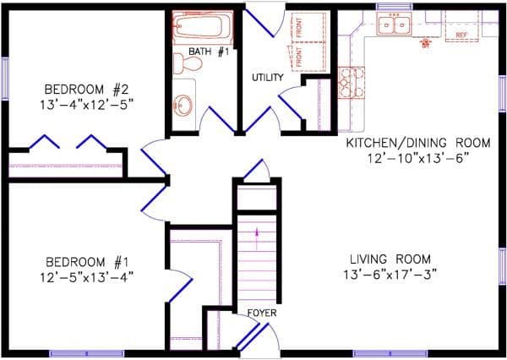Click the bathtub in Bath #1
pos(202,27)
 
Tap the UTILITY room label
pos(267,78)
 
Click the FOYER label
pos(261,314)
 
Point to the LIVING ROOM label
pos(391,259)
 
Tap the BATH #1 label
pos(209,52)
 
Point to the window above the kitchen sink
pos(394,7)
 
